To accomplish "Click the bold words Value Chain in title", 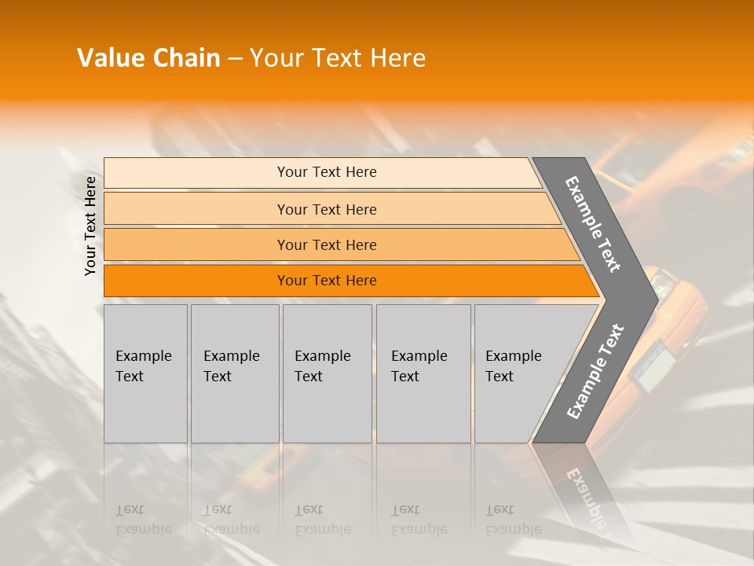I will (x=148, y=58).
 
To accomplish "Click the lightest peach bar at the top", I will (x=196, y=173).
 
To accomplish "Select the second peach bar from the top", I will (x=196, y=209).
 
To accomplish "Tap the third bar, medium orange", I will (x=196, y=245).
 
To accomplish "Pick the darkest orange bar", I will (x=196, y=281).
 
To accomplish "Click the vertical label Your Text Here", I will (x=90, y=226).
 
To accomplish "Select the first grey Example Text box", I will (x=145, y=373).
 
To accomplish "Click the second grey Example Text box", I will (x=234, y=373).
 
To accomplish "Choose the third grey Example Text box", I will (x=327, y=373).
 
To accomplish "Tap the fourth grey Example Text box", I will (x=423, y=373).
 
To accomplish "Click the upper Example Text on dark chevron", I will (x=593, y=224).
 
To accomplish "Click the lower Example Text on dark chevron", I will (x=595, y=372).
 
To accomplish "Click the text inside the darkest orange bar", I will (x=327, y=281).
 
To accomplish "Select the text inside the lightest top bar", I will (x=327, y=172).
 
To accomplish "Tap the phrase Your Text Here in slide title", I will (x=338, y=58).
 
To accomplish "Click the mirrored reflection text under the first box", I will (x=143, y=520).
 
